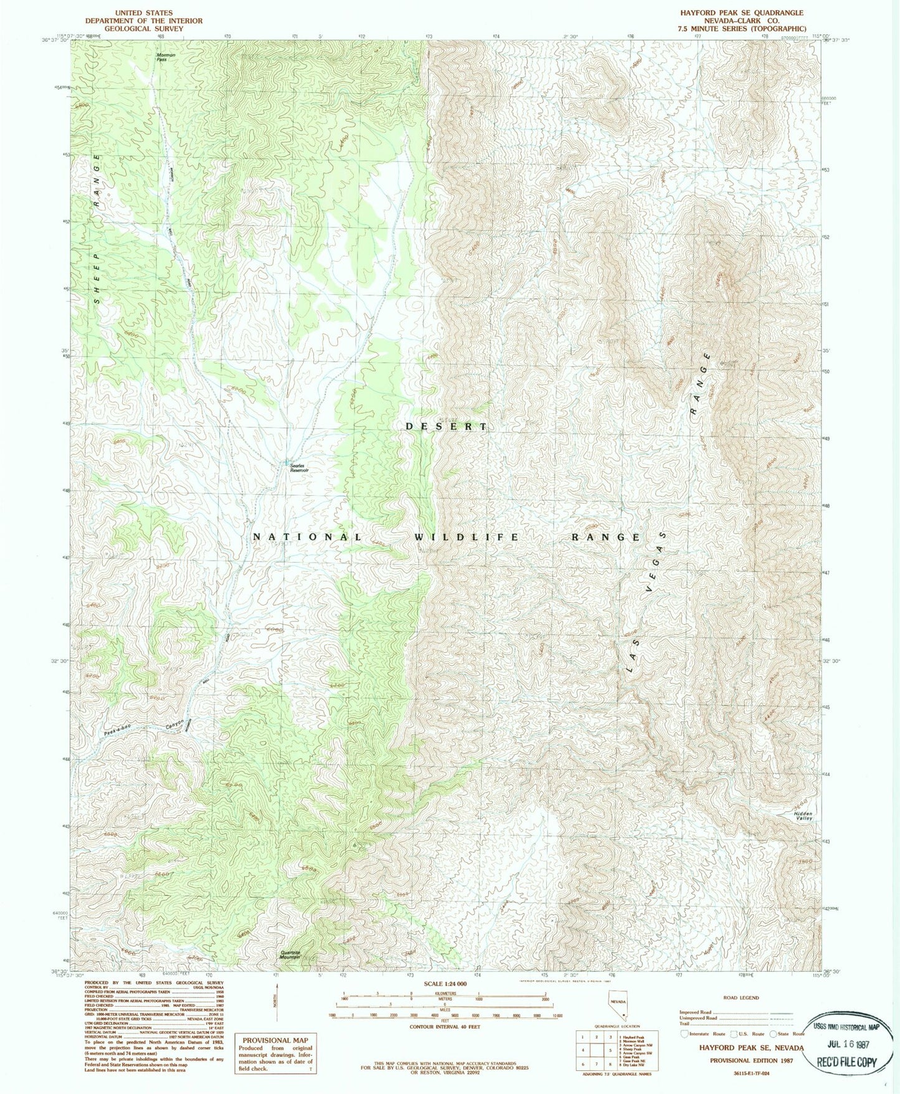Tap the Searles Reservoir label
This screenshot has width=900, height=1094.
299,468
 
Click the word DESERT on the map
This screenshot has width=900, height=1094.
446,427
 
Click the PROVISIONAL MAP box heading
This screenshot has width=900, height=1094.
275,1040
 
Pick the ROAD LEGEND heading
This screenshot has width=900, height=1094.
741,997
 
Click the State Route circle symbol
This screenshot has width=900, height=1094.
773,1033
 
